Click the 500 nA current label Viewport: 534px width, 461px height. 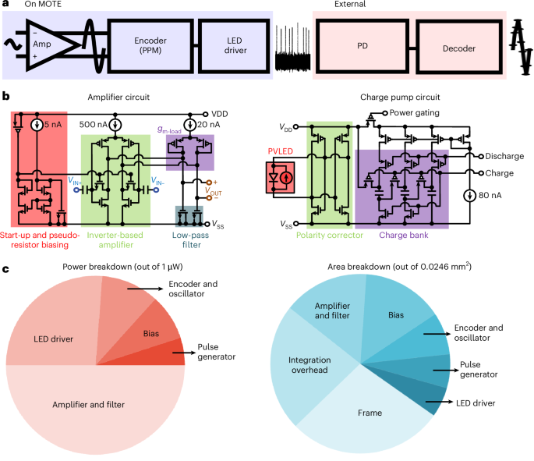tap(94, 123)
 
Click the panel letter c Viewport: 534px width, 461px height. tap(6, 270)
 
